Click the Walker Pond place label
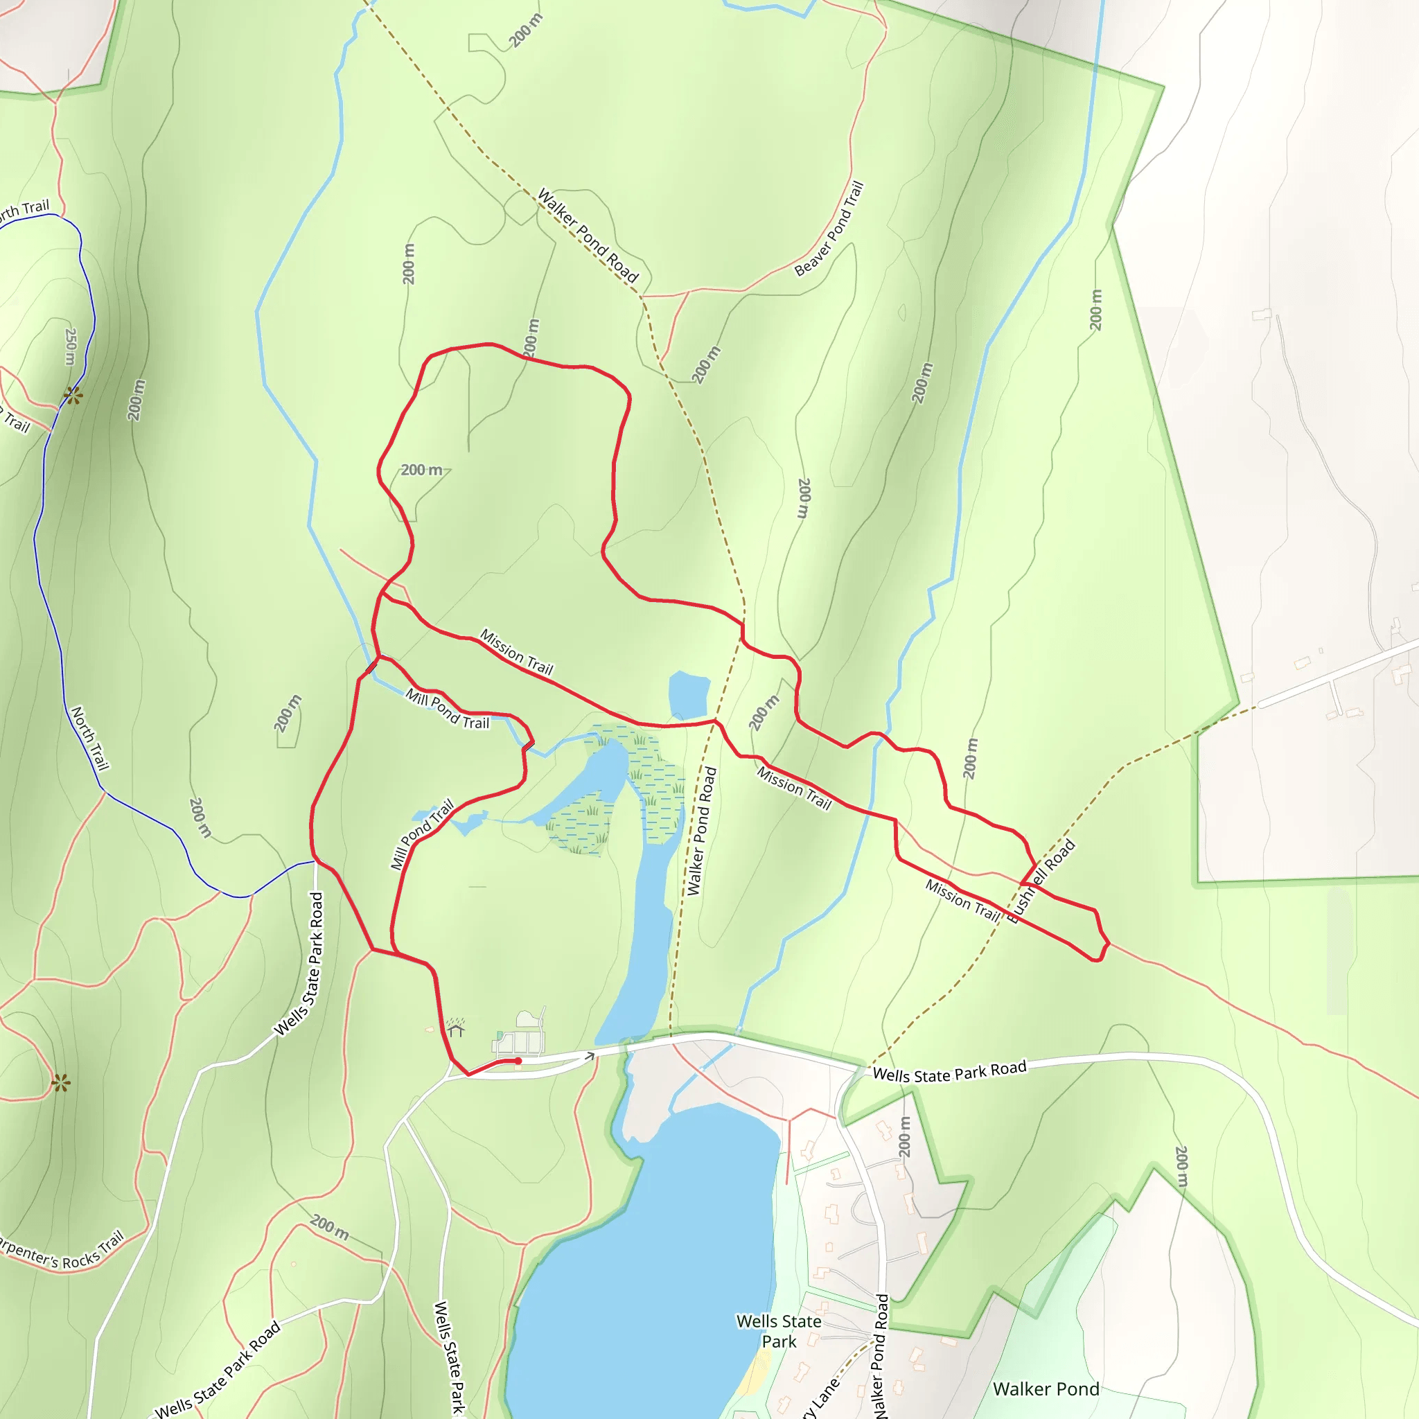pos(1045,1389)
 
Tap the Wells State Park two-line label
pos(779,1331)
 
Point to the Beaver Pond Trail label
pos(829,229)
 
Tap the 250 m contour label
pos(71,346)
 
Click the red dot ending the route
pos(518,1061)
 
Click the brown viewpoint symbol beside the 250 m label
pos(73,395)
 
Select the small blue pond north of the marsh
pos(688,694)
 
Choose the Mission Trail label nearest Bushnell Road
pos(963,900)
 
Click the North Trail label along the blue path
pos(89,738)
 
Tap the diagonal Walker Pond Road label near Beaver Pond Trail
pos(588,236)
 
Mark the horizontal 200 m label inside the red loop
pos(421,470)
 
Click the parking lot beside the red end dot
pos(519,1042)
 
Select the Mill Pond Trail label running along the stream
pos(448,709)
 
